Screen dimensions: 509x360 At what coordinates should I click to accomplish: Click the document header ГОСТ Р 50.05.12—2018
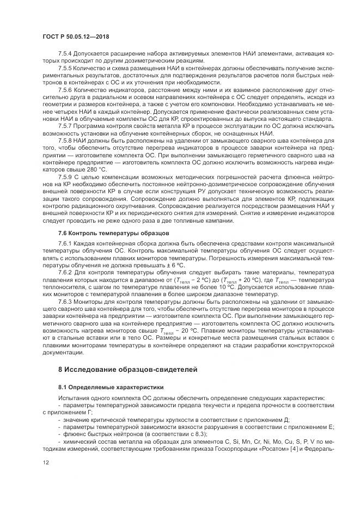click(80, 36)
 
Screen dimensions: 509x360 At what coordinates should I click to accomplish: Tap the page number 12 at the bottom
click(45, 462)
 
